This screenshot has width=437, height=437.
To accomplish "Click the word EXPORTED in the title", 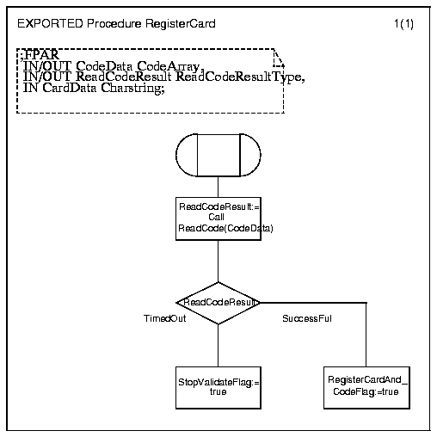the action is click(x=50, y=23).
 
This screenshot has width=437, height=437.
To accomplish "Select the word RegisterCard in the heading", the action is click(x=181, y=24).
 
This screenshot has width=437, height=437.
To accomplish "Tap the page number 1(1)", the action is click(x=403, y=24).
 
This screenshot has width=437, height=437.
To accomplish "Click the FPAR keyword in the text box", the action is click(x=42, y=54).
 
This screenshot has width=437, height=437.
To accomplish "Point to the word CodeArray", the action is click(x=168, y=66).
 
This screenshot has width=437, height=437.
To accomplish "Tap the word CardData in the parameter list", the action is click(x=70, y=88).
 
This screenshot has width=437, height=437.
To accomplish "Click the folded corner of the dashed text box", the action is click(x=279, y=58).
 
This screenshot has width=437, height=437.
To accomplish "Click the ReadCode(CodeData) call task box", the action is click(x=218, y=218).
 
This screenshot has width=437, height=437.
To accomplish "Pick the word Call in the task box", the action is click(x=216, y=217).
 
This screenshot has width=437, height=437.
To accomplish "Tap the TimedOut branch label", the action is click(x=165, y=318).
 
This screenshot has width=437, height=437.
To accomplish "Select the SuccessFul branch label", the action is click(x=307, y=318).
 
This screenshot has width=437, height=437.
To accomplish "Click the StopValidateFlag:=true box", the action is click(x=218, y=388).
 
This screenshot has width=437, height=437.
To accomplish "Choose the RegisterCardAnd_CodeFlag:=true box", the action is click(x=366, y=388).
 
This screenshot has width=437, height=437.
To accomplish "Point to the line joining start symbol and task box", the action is click(x=218, y=187).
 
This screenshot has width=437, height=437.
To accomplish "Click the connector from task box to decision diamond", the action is click(x=218, y=262).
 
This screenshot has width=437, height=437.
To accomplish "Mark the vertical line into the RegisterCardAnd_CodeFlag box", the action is click(x=366, y=335).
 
